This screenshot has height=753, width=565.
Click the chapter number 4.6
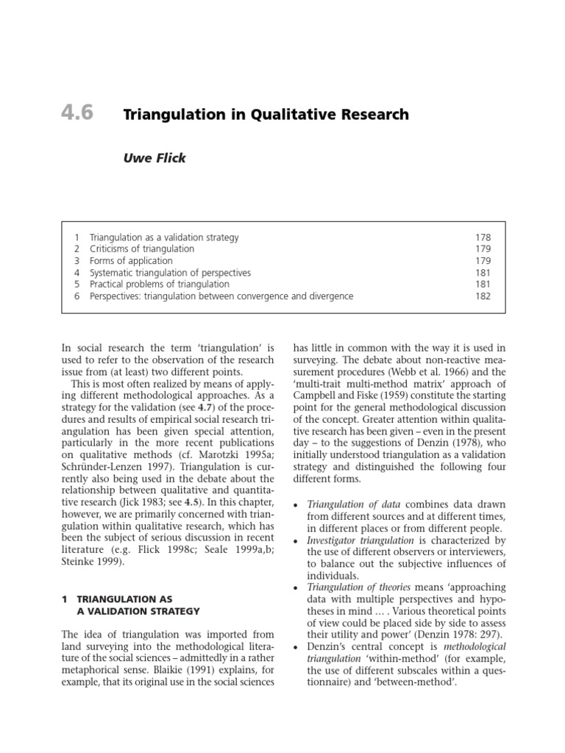coord(77,115)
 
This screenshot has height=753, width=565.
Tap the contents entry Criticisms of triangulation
coord(141,249)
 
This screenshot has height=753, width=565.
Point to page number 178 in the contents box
coord(483,238)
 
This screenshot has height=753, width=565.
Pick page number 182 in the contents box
coord(483,296)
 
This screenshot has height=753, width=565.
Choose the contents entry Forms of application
coord(131,261)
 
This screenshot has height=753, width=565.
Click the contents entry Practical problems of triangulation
coord(159,285)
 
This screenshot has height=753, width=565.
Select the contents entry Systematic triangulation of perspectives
coord(170,273)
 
